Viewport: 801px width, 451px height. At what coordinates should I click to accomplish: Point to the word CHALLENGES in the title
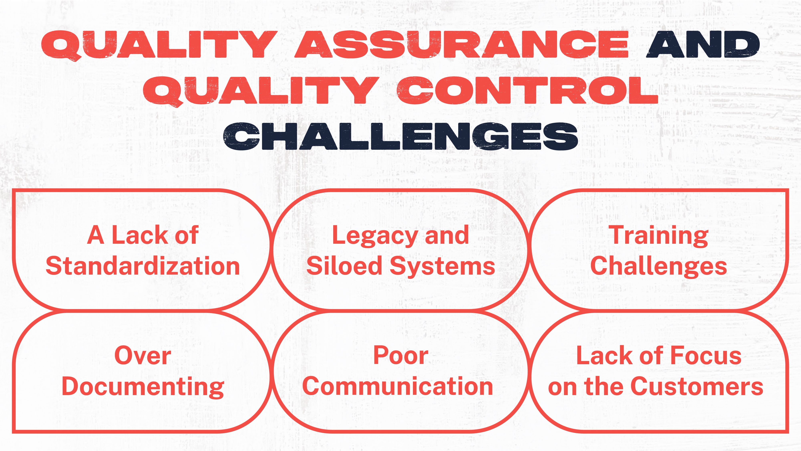400,136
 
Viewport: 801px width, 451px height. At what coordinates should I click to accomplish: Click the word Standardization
143,267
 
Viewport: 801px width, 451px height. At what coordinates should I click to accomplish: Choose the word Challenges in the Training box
658,267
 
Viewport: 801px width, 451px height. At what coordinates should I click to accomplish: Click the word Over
143,356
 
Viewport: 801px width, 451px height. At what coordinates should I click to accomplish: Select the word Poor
400,356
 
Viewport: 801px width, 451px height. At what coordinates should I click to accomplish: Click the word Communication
398,387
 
